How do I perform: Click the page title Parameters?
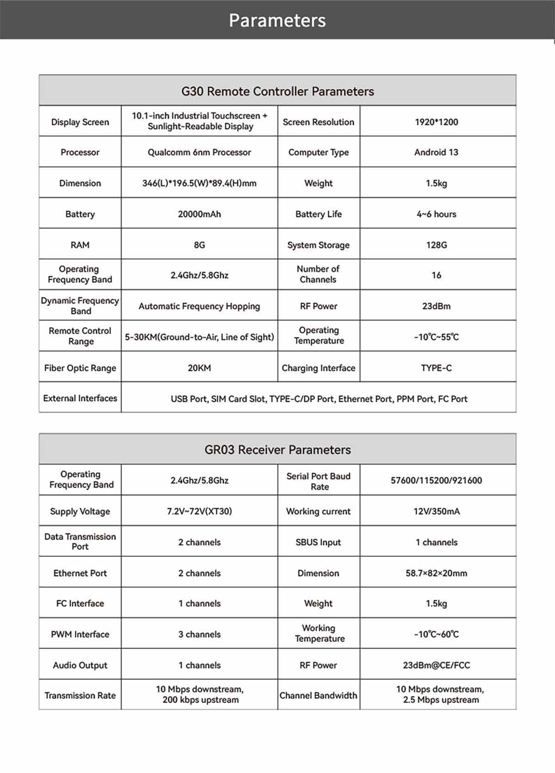point(277,20)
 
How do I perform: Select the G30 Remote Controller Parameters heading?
point(277,91)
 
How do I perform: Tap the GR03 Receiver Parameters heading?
point(277,450)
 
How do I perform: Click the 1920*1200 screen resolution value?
point(436,122)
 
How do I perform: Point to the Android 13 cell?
point(436,152)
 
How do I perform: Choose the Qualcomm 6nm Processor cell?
point(199,152)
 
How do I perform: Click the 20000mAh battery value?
point(199,214)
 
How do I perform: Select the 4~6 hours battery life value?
point(436,214)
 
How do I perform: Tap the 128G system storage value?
point(436,245)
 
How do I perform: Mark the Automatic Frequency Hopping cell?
point(199,306)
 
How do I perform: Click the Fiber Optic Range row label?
point(80,368)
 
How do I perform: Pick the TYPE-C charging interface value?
point(436,368)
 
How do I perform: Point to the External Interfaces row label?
point(80,398)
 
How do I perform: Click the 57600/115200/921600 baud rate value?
point(436,481)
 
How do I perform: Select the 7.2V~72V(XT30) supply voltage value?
point(199,511)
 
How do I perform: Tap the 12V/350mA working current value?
point(436,511)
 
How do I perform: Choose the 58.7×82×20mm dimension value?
point(436,573)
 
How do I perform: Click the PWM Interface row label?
point(80,634)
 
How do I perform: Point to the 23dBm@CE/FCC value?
point(436,665)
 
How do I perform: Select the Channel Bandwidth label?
point(318,695)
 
